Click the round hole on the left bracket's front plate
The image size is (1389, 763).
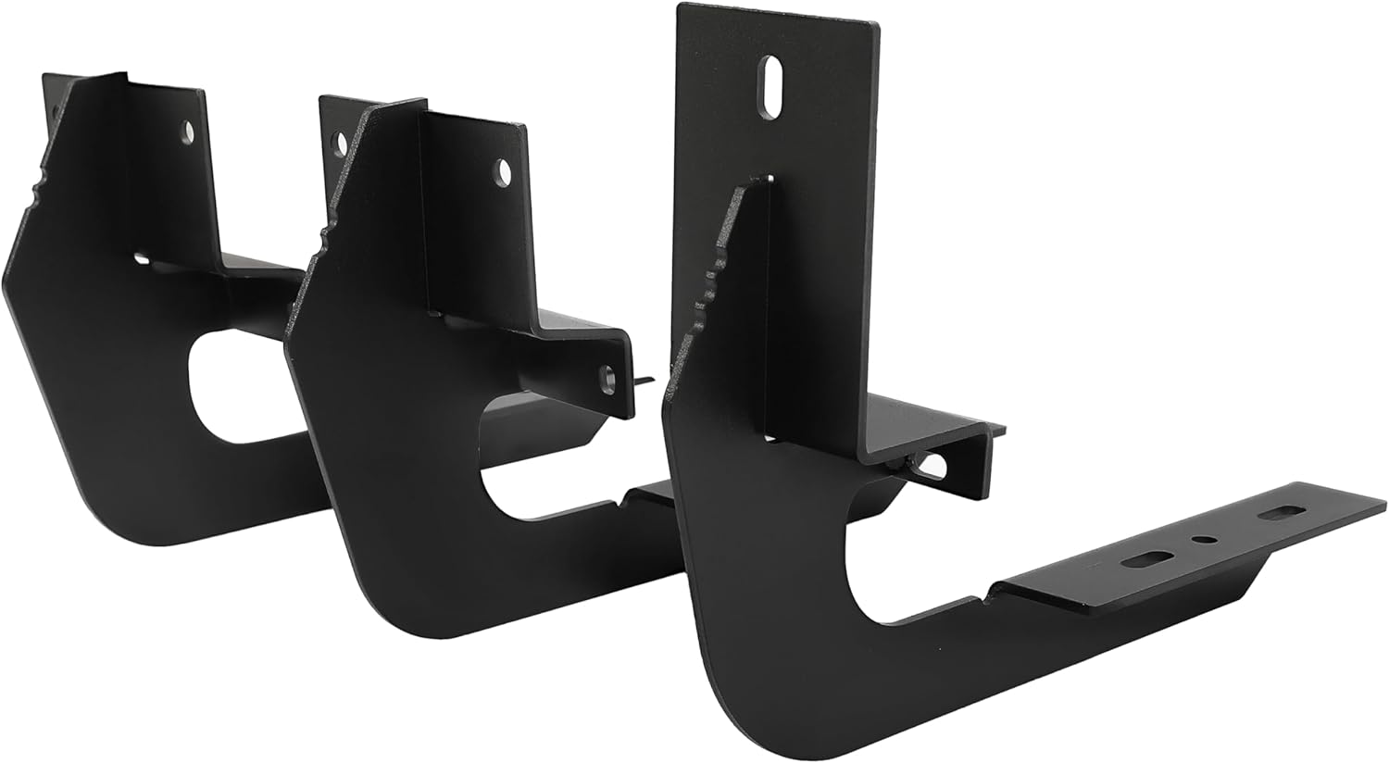pos(189,133)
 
